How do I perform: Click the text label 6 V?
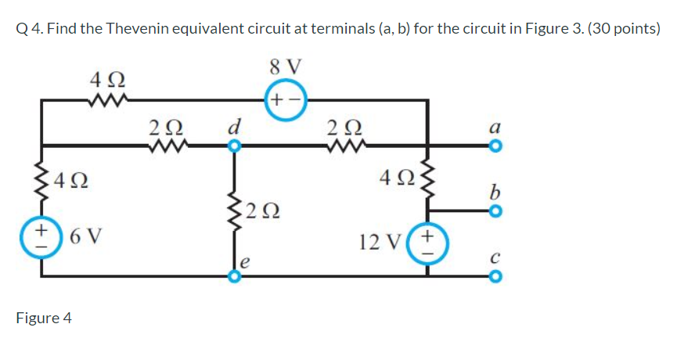pyautogui.click(x=85, y=235)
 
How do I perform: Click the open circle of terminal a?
pyautogui.click(x=494, y=146)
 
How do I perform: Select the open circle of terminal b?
pyautogui.click(x=494, y=211)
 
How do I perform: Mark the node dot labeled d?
pyautogui.click(x=232, y=146)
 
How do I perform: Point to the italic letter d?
pyautogui.click(x=232, y=124)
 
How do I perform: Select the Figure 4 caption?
pyautogui.click(x=44, y=318)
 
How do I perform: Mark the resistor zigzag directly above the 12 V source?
pyautogui.click(x=427, y=182)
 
